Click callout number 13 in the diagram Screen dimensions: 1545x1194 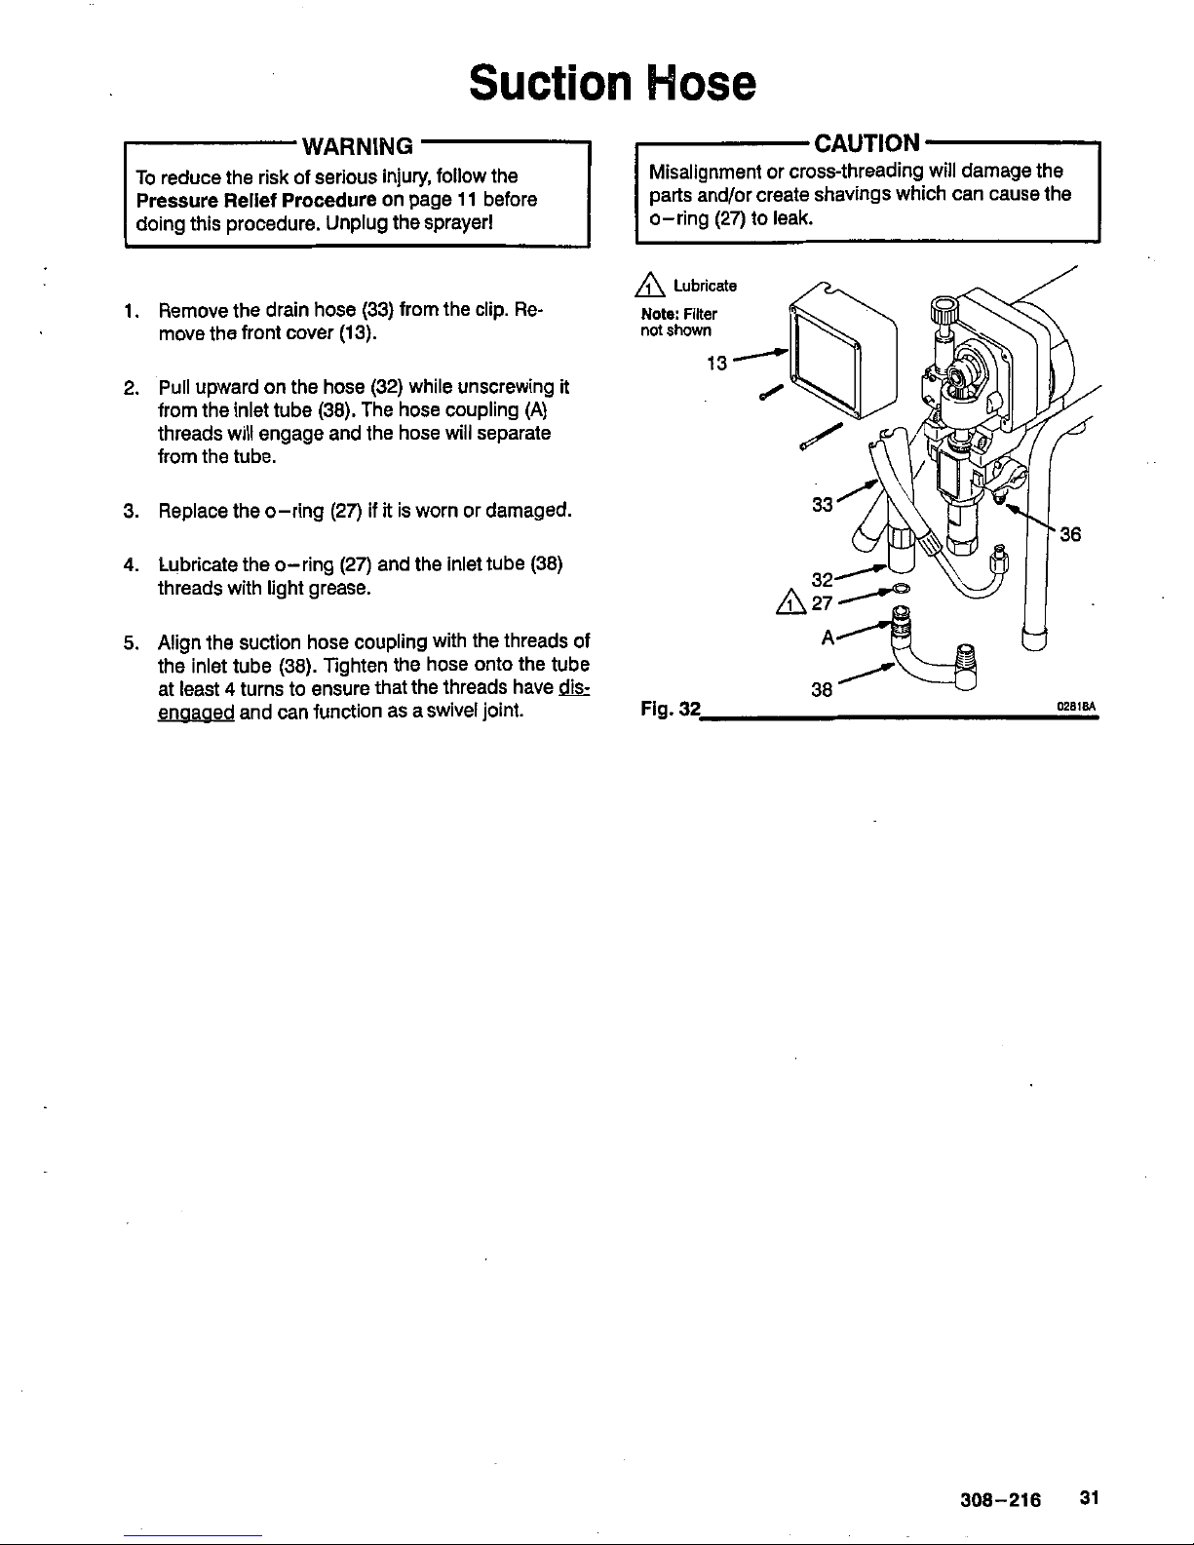pyautogui.click(x=716, y=364)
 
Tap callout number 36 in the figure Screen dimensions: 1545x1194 pyautogui.click(x=1071, y=534)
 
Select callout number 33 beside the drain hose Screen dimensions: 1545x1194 pyautogui.click(x=823, y=505)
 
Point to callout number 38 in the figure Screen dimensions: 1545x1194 pyautogui.click(x=823, y=690)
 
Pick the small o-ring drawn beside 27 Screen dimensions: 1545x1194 pyautogui.click(x=901, y=588)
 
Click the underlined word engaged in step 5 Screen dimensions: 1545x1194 pyautogui.click(x=195, y=713)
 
